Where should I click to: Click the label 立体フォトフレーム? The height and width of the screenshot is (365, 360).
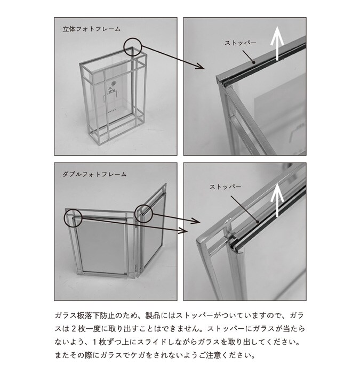coord(91,29)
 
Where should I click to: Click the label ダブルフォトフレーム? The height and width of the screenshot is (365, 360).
coord(94,174)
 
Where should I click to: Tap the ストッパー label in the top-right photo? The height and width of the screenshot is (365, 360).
coord(240,43)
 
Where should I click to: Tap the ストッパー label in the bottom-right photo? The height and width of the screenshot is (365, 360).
coord(225,186)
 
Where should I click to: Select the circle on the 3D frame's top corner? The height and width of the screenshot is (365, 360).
coord(132,46)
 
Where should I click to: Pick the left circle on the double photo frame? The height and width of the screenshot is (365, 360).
coord(73,218)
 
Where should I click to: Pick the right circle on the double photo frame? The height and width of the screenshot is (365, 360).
coord(143,213)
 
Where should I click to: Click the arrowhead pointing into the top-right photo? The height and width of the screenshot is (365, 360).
coord(201,67)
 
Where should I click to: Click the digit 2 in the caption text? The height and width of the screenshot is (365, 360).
coord(74,329)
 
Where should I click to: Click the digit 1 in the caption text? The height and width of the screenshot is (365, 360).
coord(95,342)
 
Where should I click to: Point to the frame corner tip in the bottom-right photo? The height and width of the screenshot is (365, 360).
coord(197,240)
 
